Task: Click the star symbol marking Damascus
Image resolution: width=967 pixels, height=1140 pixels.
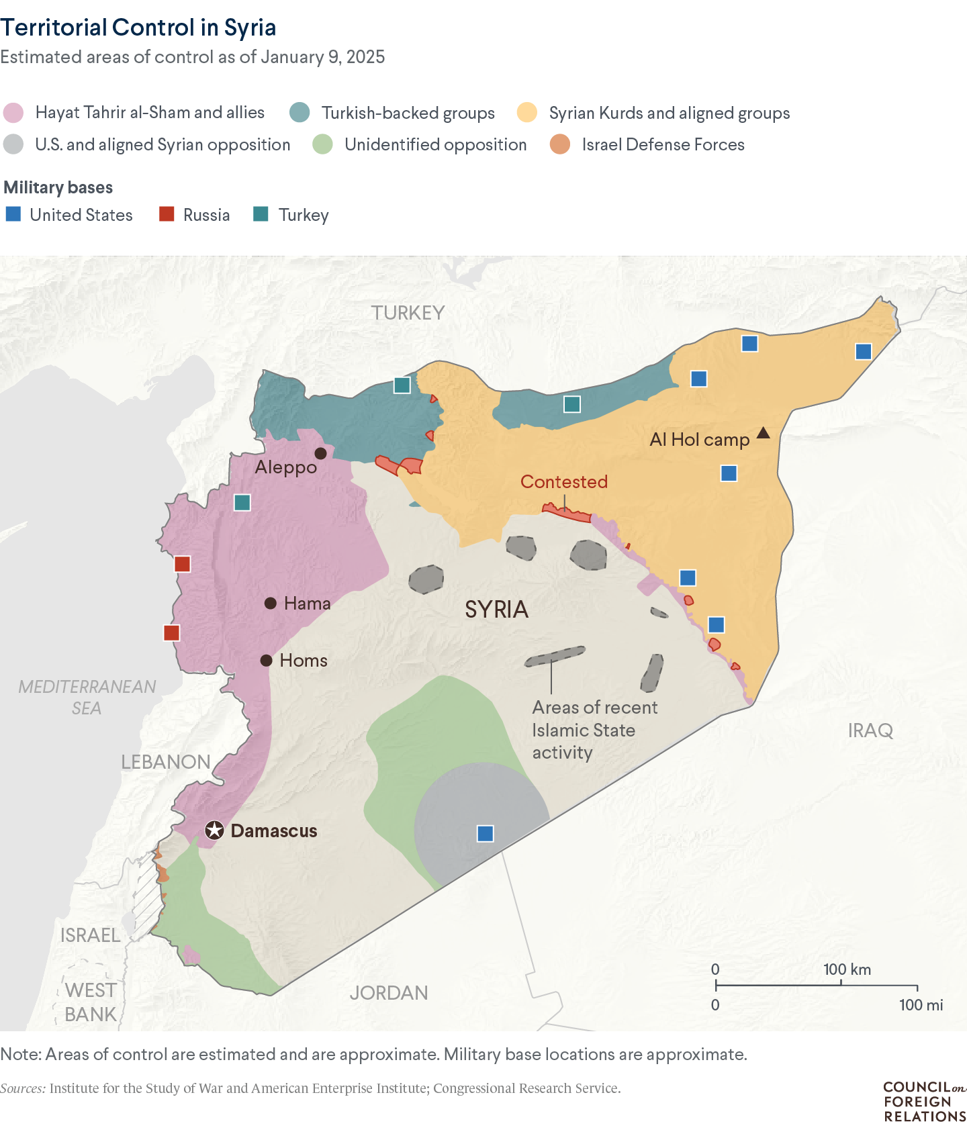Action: (214, 830)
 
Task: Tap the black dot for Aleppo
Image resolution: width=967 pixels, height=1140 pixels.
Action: (321, 453)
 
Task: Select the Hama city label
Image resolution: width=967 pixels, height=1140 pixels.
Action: (307, 603)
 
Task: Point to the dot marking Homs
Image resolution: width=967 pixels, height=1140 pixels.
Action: (267, 660)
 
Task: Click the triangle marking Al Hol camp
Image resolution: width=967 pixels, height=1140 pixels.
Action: (763, 433)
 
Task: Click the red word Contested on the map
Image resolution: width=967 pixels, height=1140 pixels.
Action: (563, 481)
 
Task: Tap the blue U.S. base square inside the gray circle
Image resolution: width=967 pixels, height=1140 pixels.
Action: (485, 833)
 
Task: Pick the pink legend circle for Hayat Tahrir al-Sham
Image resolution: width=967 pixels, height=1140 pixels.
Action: (13, 113)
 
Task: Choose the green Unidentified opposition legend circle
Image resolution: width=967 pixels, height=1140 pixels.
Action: (323, 144)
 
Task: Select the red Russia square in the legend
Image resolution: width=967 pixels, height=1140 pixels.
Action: (167, 214)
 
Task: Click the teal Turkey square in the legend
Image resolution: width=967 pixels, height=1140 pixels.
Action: (261, 214)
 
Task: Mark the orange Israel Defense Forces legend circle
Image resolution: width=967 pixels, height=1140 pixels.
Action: (560, 144)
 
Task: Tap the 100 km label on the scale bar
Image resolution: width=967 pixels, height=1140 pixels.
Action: (847, 969)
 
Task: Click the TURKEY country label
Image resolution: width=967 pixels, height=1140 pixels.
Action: (408, 312)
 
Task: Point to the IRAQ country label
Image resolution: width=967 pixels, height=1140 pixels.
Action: (870, 730)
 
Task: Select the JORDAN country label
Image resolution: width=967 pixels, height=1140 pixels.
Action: (388, 992)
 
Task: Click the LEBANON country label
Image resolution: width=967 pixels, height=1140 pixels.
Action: (166, 761)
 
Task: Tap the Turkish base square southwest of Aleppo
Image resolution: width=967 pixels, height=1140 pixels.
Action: (242, 502)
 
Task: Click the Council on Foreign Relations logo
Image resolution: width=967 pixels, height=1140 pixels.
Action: (924, 1101)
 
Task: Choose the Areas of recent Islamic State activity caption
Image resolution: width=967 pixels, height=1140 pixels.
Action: (594, 730)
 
